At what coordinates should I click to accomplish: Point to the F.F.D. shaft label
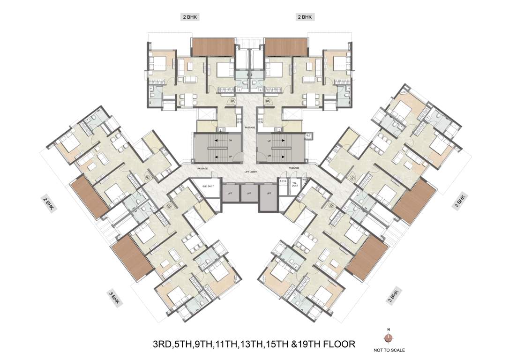(x=283, y=180)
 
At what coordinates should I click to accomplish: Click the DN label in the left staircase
(x=231, y=141)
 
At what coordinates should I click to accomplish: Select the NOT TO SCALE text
(x=389, y=350)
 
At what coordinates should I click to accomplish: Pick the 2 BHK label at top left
(x=190, y=17)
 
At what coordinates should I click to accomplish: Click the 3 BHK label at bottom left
(x=113, y=299)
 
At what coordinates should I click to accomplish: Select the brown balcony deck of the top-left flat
(x=213, y=47)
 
